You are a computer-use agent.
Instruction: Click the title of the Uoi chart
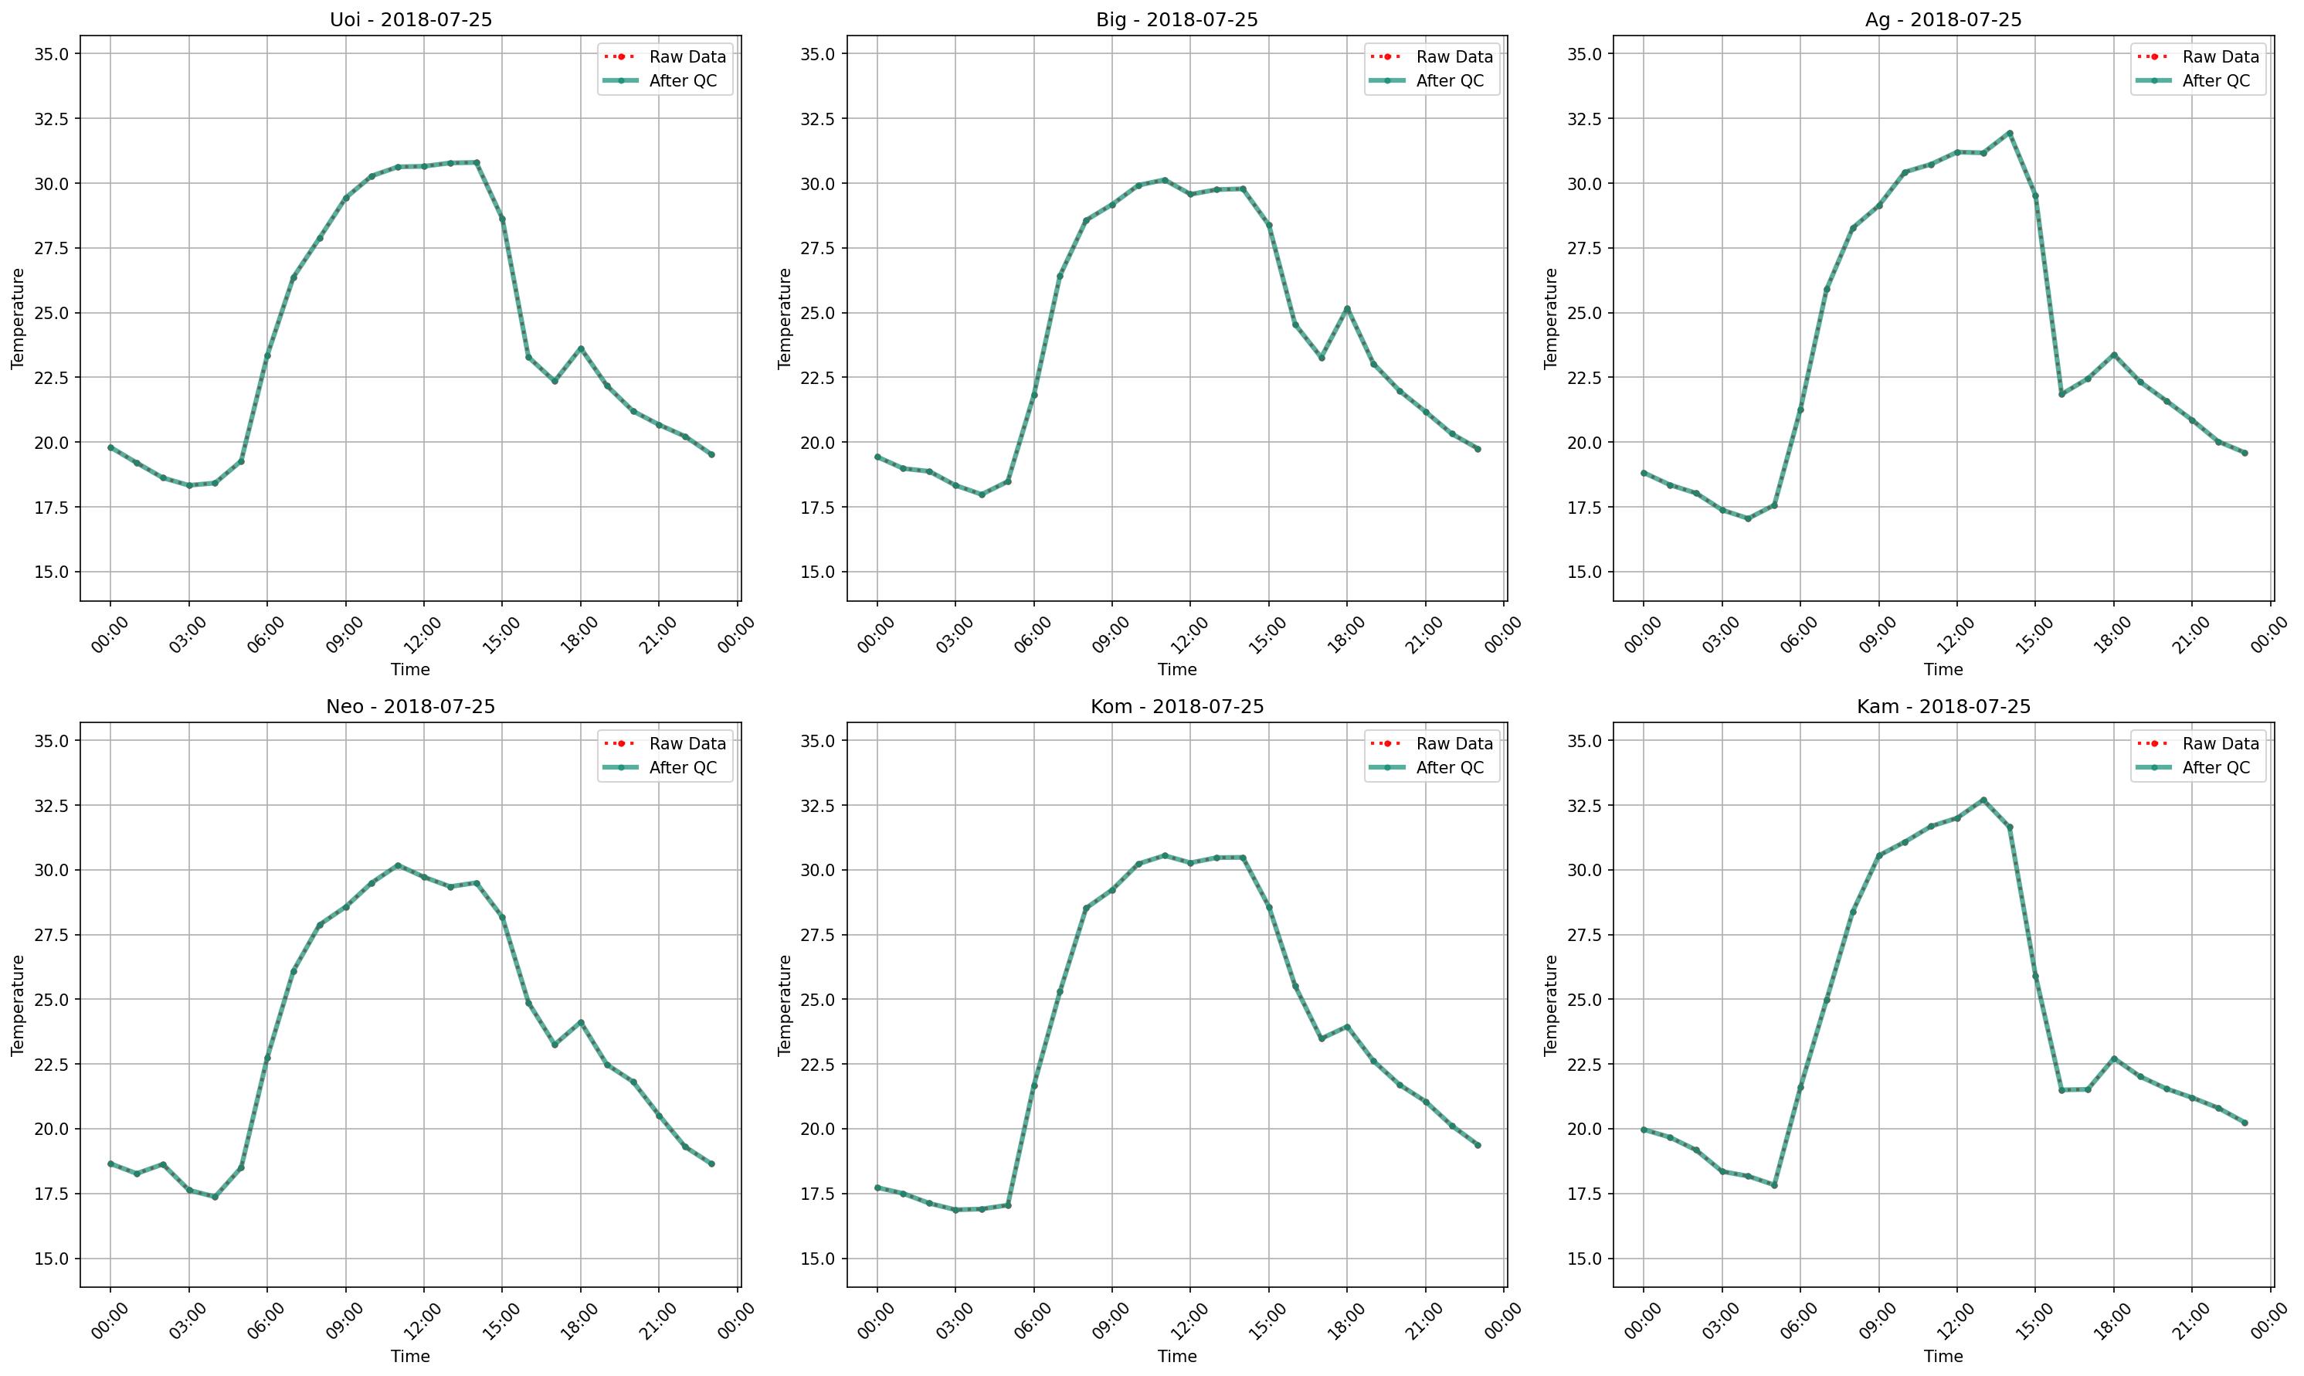[411, 19]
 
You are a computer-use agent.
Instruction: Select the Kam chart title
[1943, 707]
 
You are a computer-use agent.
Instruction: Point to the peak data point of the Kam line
[1983, 800]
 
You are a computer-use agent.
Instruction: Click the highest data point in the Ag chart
[2009, 133]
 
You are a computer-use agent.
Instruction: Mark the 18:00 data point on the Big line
[1346, 309]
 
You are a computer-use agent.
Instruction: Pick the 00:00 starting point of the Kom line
[877, 1187]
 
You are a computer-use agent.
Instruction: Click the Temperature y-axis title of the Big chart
[785, 318]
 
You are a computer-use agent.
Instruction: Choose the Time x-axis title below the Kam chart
[1943, 1356]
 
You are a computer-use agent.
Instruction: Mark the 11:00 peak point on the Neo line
[398, 865]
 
